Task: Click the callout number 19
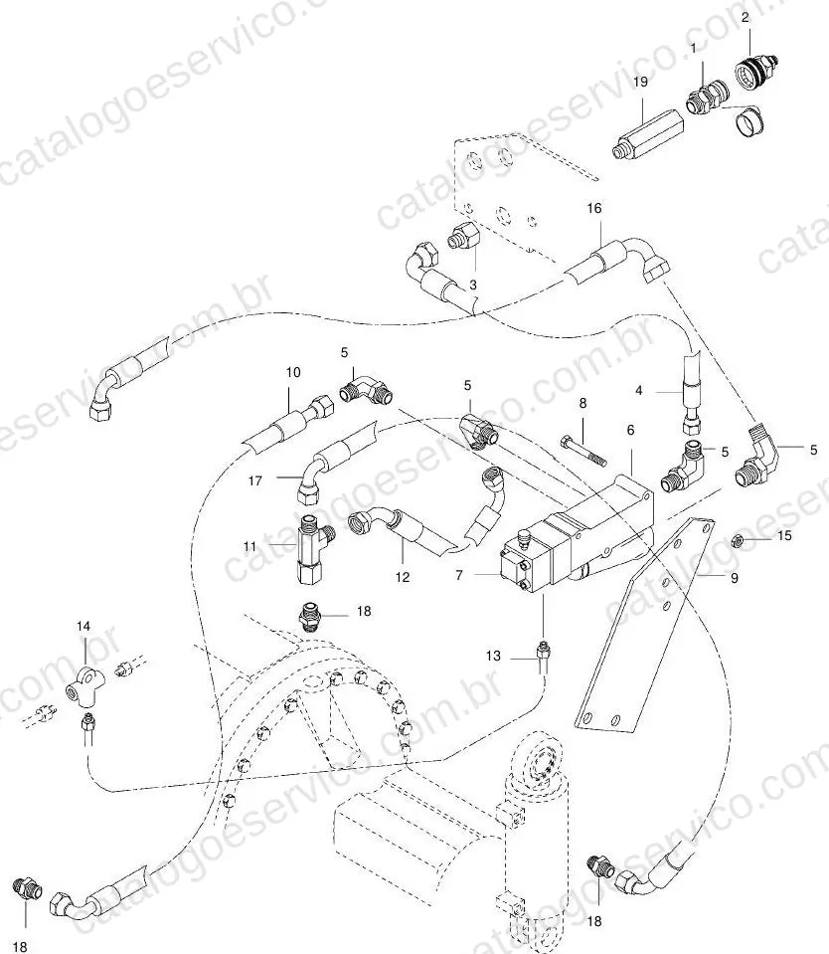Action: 640,82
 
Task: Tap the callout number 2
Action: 746,17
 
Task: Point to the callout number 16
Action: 593,208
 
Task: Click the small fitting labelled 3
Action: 464,236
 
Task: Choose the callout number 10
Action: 293,372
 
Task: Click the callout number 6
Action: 630,430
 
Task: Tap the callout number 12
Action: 403,577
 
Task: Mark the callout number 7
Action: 459,574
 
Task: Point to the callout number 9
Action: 735,577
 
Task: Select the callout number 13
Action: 493,656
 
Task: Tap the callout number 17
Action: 255,480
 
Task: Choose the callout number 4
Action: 638,391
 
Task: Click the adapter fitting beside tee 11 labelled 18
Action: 312,615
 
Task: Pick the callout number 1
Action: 693,49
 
